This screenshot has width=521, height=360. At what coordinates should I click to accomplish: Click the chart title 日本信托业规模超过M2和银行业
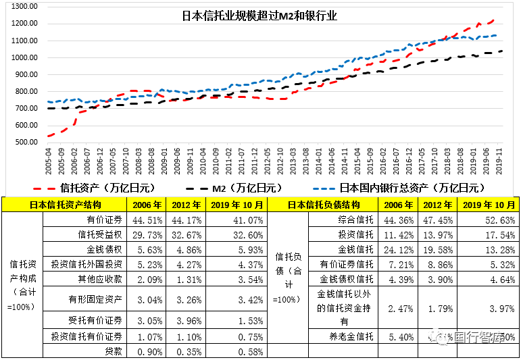pyautogui.click(x=260, y=15)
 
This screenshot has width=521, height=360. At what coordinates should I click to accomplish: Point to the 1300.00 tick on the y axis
pyautogui.click(x=24, y=6)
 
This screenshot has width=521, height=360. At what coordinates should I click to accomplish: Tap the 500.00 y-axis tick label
pyautogui.click(x=24, y=142)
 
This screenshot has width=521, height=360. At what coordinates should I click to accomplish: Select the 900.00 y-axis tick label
pyautogui.click(x=24, y=74)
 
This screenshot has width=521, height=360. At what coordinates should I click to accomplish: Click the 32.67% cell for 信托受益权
pyautogui.click(x=186, y=234)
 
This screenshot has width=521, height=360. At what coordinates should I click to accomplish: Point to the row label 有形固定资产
pyautogui.click(x=95, y=299)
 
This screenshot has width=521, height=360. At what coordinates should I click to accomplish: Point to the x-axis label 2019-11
pyautogui.click(x=501, y=161)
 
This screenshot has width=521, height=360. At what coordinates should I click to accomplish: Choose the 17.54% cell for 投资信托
pyautogui.click(x=496, y=234)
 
